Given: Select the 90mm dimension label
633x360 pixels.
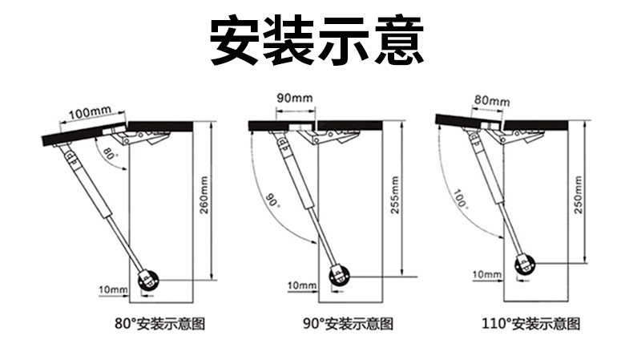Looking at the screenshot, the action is click(x=294, y=98).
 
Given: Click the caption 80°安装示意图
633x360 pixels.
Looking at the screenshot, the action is click(x=161, y=325).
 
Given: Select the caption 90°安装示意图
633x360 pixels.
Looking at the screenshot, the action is click(x=348, y=325).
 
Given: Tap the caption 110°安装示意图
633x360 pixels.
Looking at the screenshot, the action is click(x=530, y=325).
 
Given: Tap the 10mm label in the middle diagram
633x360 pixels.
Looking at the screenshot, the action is click(x=301, y=285).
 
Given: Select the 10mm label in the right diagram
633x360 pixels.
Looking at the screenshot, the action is click(x=486, y=275).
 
